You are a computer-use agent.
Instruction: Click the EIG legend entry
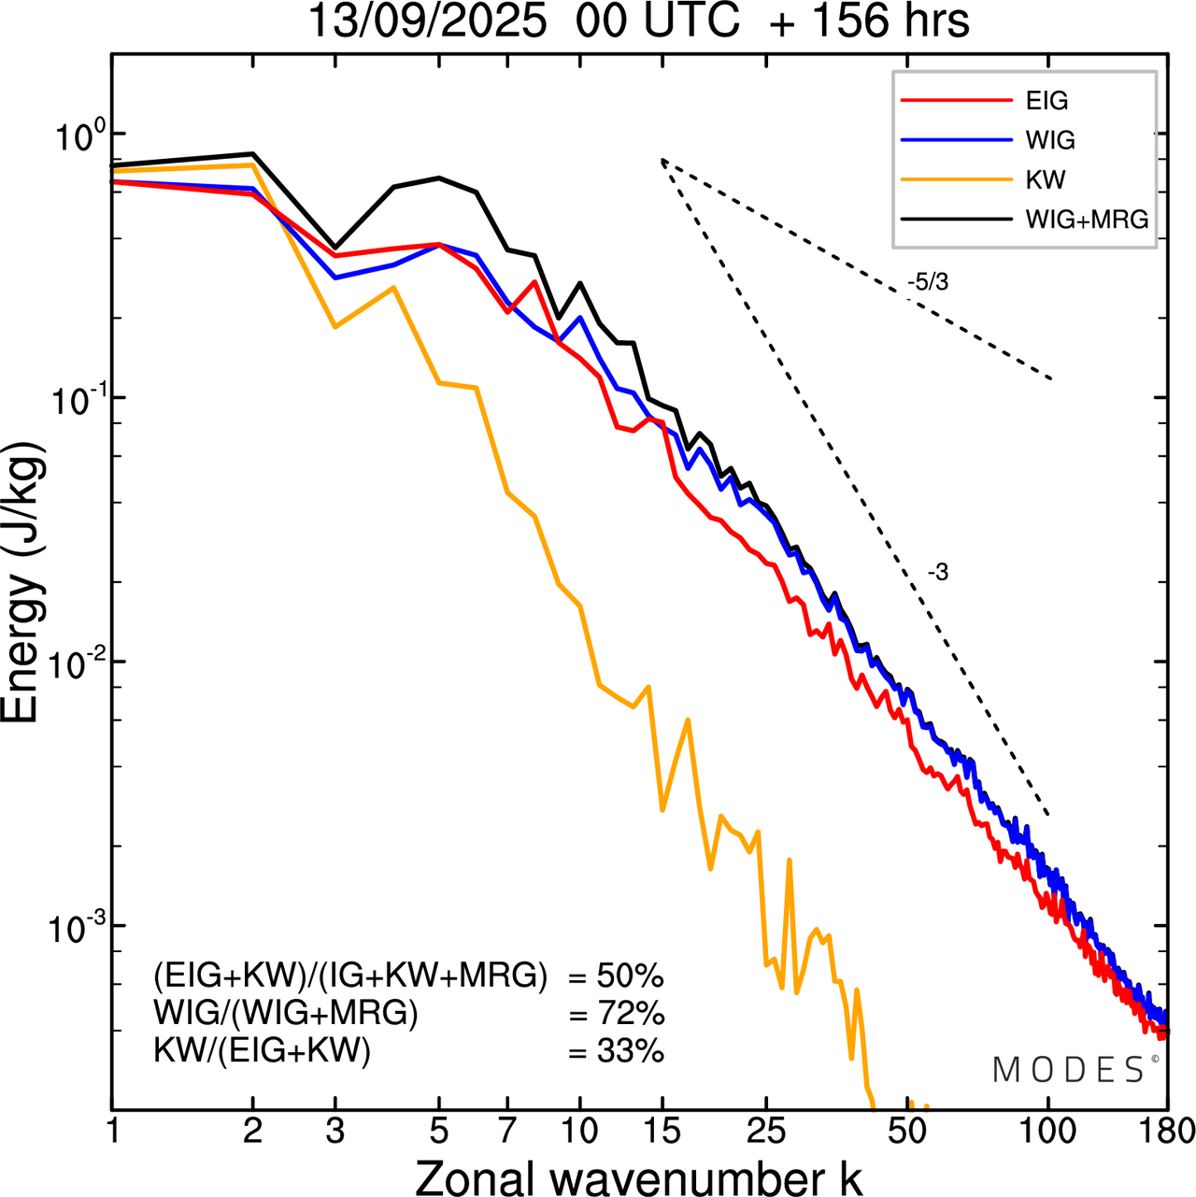[1046, 101]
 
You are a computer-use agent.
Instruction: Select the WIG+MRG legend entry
[1087, 220]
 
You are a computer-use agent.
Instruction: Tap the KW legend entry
[1046, 179]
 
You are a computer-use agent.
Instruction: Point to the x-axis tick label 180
[1167, 1132]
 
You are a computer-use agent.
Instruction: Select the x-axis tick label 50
[907, 1132]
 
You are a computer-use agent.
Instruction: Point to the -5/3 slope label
[927, 281]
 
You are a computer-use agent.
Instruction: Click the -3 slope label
[937, 573]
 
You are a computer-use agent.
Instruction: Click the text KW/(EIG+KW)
[263, 1051]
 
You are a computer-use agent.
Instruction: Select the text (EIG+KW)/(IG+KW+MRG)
[350, 976]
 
